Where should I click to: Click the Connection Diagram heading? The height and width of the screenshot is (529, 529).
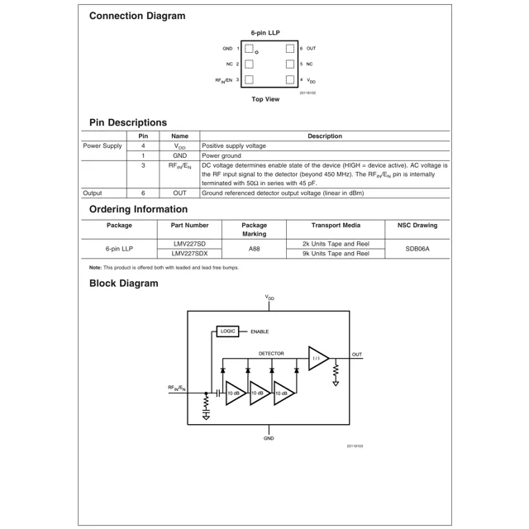137,16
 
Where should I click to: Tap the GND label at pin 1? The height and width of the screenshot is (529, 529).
227,49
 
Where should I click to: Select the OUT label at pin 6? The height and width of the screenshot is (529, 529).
311,49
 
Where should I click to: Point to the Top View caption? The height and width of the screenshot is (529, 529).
265,99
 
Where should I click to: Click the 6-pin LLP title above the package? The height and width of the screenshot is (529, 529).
265,33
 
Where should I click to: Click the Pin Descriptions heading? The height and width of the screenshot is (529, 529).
128,122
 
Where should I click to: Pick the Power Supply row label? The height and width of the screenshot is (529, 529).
102,145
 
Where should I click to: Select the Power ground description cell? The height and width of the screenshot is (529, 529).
222,155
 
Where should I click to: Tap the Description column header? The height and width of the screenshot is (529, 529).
325,136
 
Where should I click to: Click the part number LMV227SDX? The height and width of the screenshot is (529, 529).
189,254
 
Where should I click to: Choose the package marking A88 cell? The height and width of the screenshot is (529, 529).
254,248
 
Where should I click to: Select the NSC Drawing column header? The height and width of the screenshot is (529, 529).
417,225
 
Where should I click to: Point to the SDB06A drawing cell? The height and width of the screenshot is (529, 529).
417,248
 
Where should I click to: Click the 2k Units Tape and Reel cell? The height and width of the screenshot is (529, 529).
336,244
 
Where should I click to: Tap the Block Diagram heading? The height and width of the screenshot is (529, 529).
124,284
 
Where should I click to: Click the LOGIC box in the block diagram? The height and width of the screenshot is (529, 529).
228,331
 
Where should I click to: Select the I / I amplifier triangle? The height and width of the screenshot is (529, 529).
317,359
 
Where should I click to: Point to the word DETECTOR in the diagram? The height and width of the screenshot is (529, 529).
271,354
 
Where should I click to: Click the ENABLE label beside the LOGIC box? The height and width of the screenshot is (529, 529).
260,331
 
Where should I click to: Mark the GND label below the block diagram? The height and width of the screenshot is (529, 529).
269,438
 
